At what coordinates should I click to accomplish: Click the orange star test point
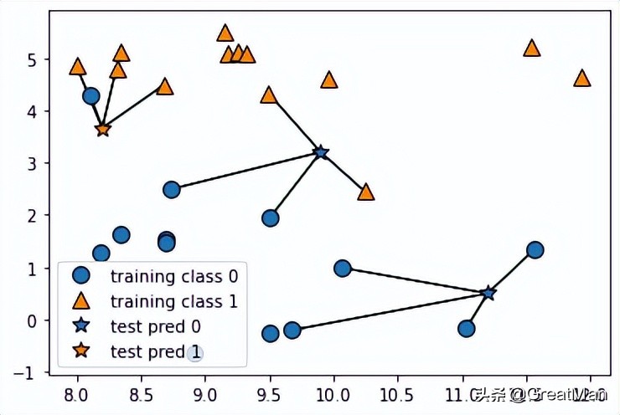point(102,130)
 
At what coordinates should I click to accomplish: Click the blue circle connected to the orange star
point(91,96)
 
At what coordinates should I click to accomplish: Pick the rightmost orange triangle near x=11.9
point(581,79)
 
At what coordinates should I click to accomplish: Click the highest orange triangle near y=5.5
point(225,33)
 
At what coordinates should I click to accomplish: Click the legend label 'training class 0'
point(167,275)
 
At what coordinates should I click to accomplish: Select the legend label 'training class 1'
point(167,301)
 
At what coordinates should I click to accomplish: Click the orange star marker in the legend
point(80,352)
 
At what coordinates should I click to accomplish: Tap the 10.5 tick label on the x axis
point(397,393)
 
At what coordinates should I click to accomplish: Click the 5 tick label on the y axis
point(33,60)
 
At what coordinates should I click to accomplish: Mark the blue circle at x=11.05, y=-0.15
point(467,328)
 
